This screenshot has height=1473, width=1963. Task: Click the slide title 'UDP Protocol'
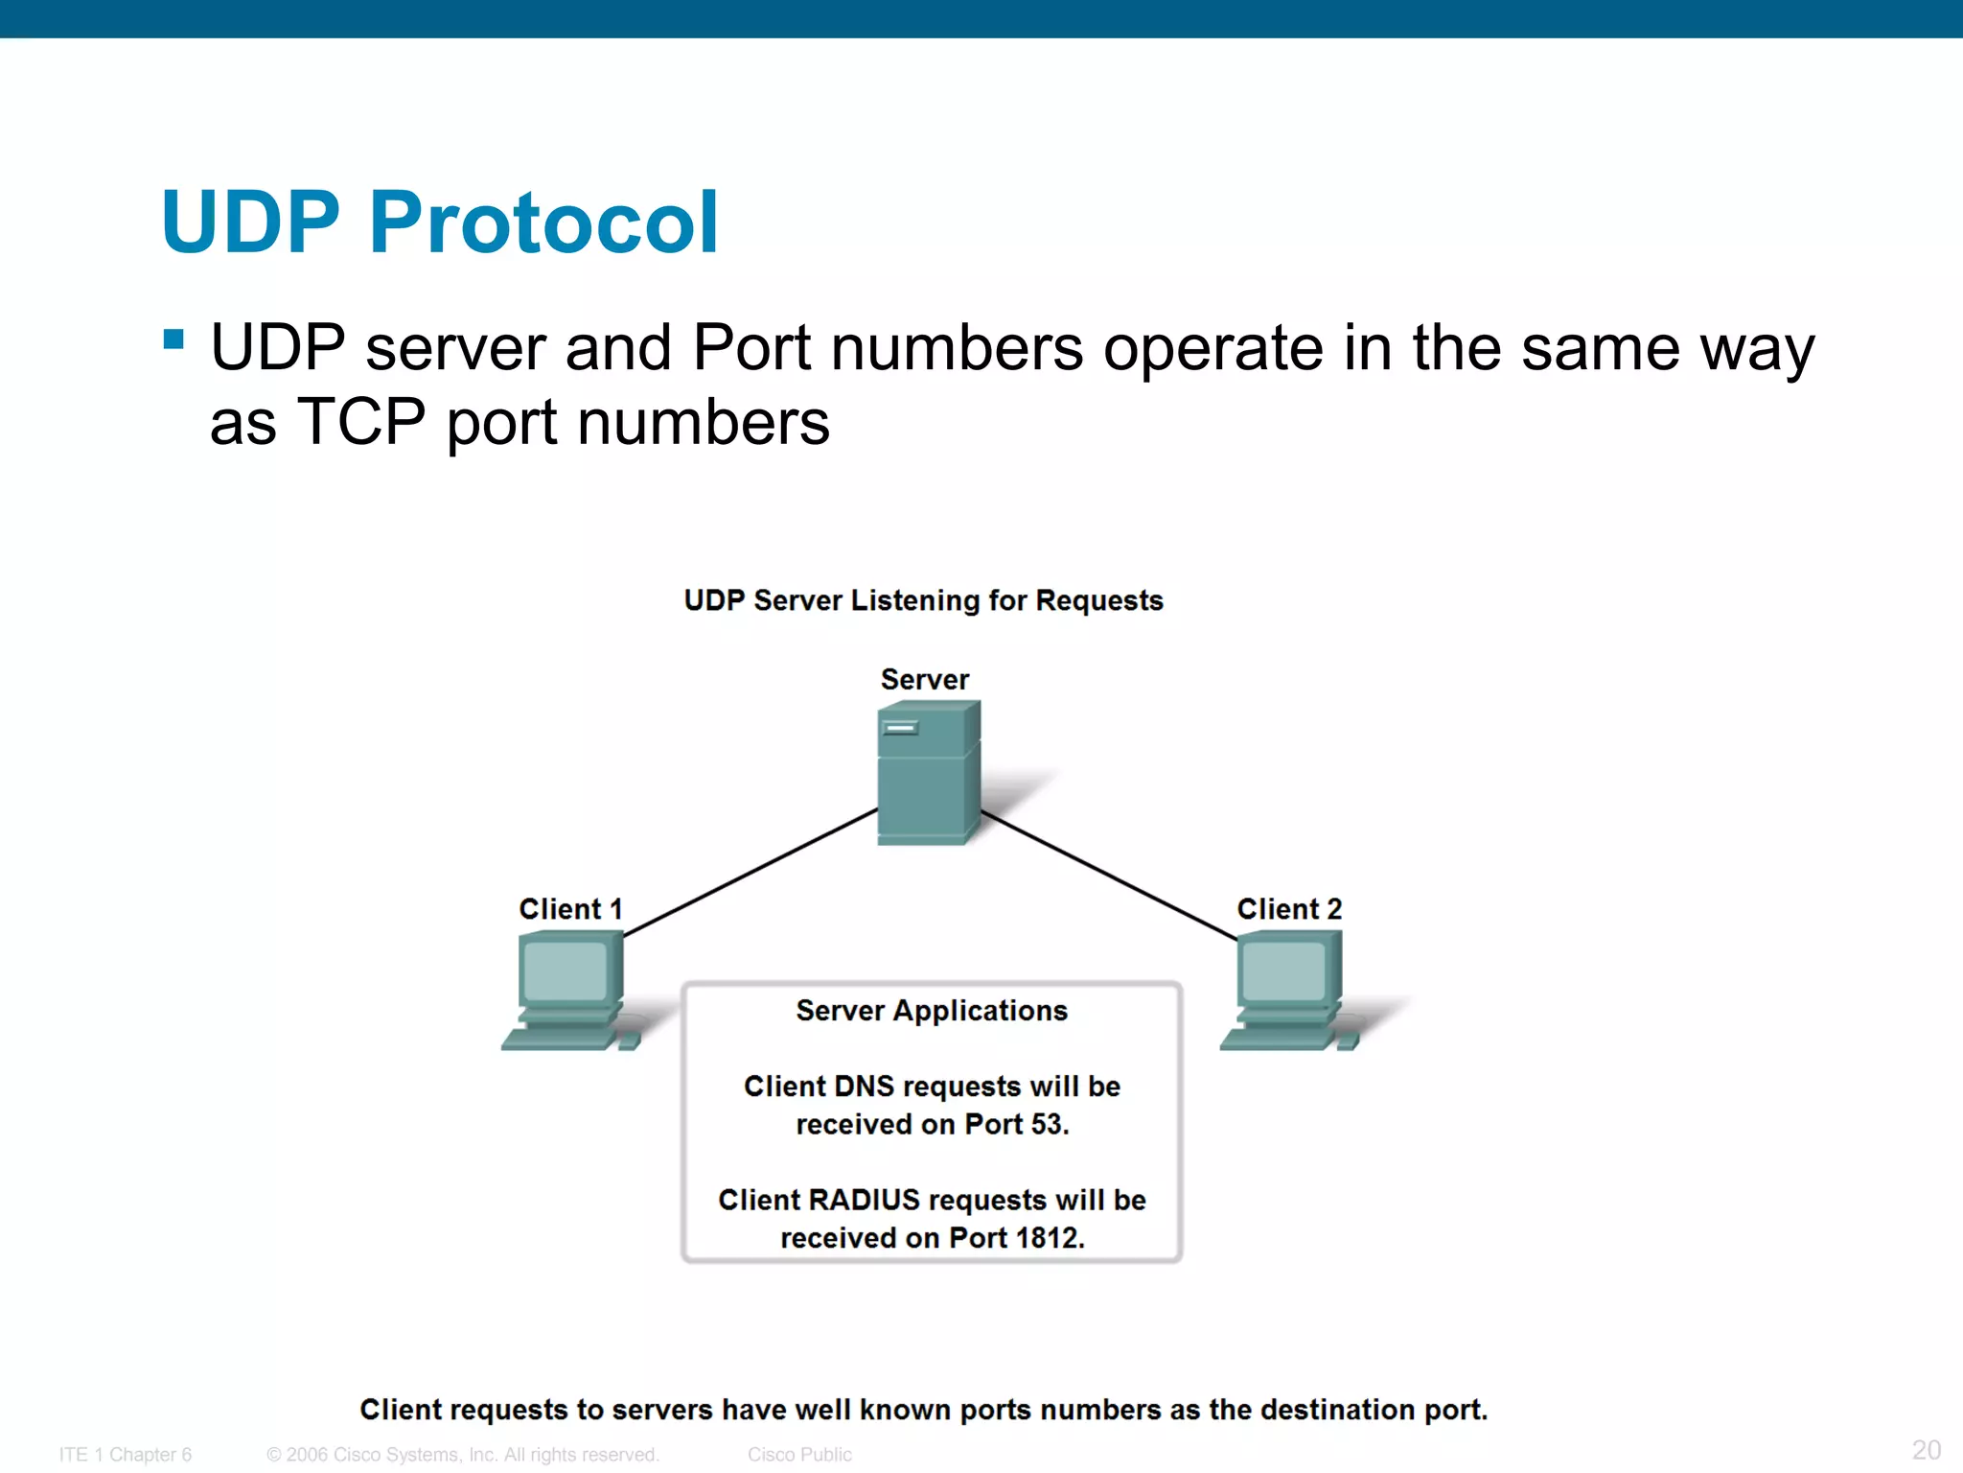click(440, 222)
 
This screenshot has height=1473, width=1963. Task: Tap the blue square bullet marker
click(173, 339)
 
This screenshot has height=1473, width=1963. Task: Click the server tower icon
click(928, 773)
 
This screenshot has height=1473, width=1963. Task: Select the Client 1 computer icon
click(569, 992)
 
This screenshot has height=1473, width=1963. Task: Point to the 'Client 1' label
click(570, 908)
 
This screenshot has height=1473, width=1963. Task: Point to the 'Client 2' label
click(1289, 908)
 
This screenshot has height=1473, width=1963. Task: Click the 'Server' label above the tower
click(925, 679)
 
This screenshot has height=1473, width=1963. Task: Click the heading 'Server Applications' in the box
click(932, 1011)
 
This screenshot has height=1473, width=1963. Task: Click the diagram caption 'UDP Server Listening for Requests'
click(923, 600)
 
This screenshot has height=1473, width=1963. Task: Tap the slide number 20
click(1926, 1449)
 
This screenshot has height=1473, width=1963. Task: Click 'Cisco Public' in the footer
click(799, 1455)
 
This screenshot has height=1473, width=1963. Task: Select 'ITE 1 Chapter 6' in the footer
click(126, 1455)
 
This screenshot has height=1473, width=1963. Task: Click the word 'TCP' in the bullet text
click(361, 422)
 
